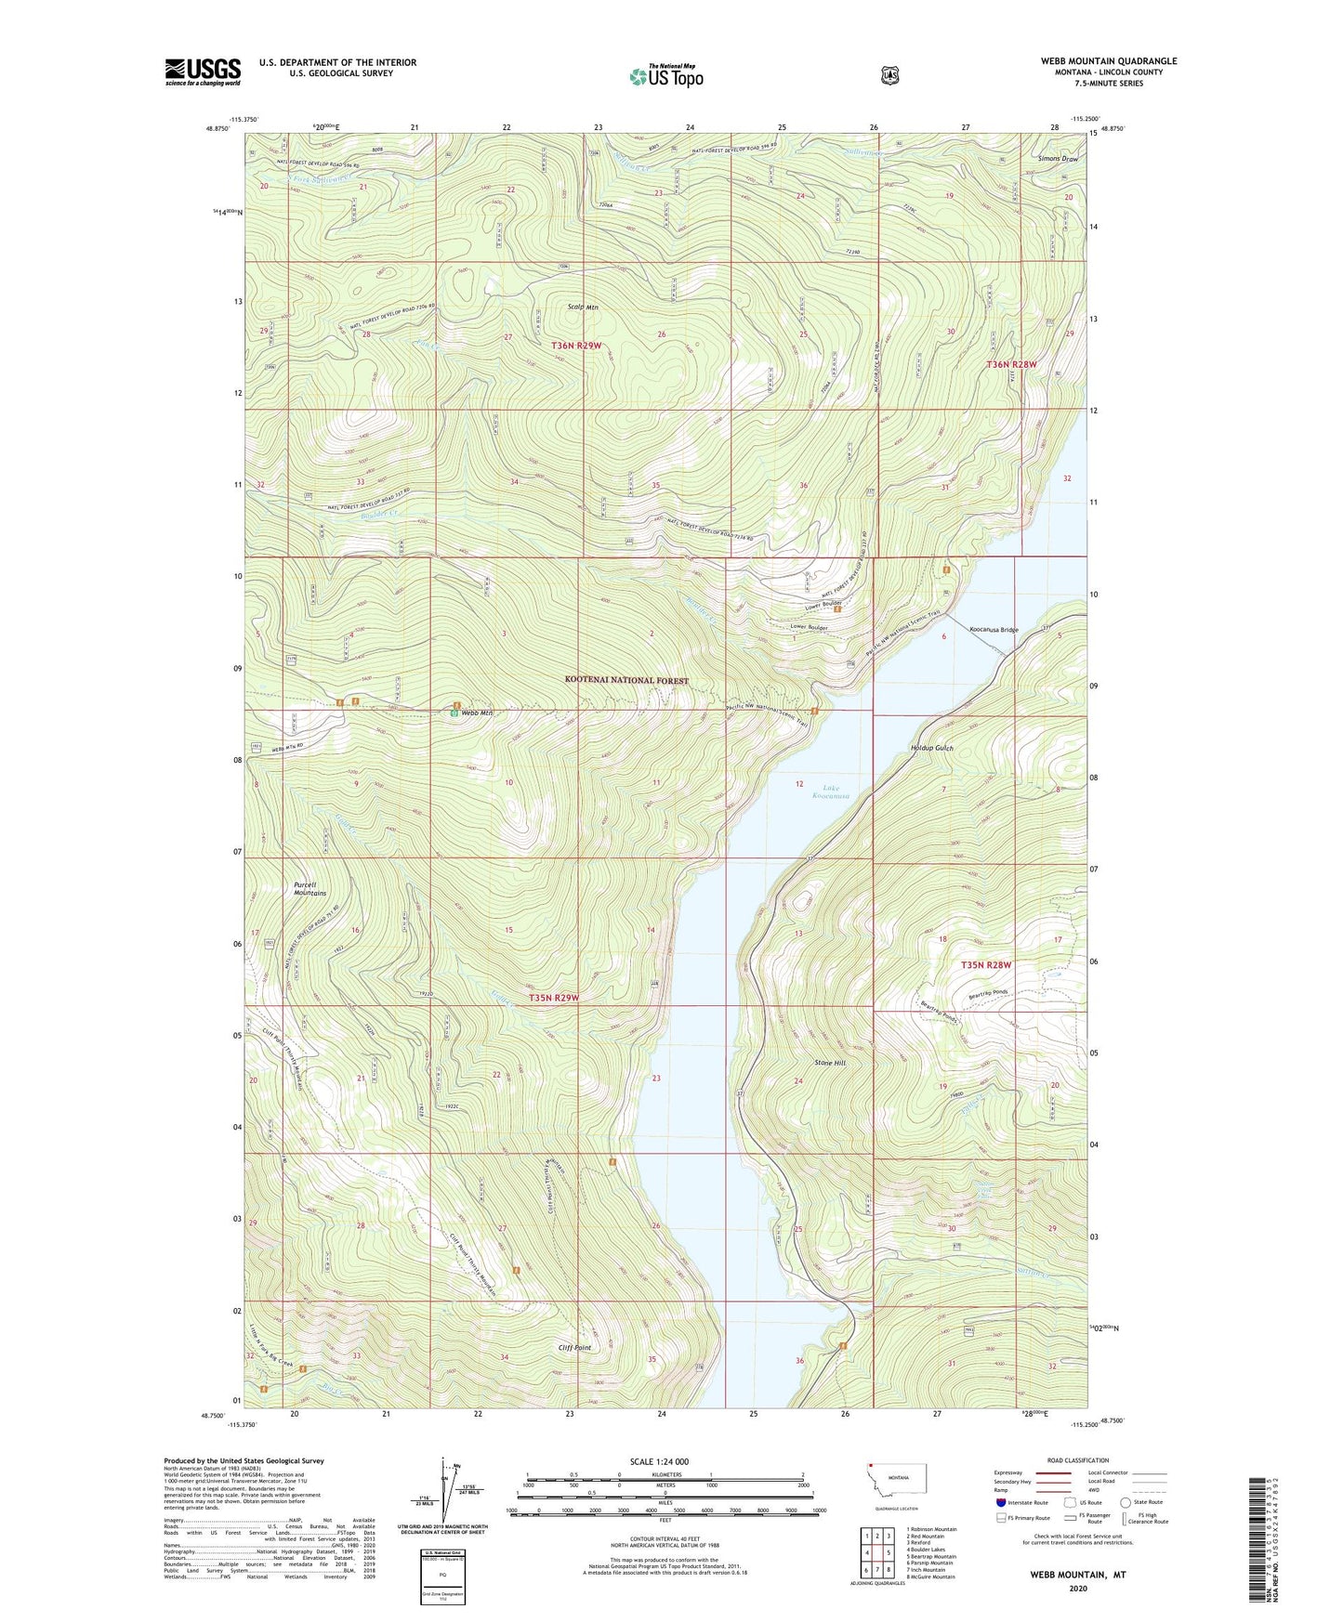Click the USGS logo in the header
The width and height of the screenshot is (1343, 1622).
pyautogui.click(x=203, y=72)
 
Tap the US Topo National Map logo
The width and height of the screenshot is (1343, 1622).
pyautogui.click(x=665, y=76)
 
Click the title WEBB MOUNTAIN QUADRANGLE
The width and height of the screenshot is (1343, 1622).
pyautogui.click(x=1108, y=61)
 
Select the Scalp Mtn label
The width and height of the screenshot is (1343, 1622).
pyautogui.click(x=583, y=307)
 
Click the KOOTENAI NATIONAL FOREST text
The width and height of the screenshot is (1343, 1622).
pyautogui.click(x=626, y=681)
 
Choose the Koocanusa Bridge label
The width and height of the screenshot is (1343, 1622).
pyautogui.click(x=994, y=630)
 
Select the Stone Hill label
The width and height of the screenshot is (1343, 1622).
pyautogui.click(x=830, y=1063)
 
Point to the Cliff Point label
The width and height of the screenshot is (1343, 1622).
pyautogui.click(x=574, y=1348)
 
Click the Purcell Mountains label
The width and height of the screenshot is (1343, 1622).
pyautogui.click(x=309, y=889)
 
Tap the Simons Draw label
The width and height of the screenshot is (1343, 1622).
pyautogui.click(x=1058, y=159)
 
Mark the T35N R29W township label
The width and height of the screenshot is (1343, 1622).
pyautogui.click(x=553, y=998)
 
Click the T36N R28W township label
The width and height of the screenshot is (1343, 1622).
pyautogui.click(x=1011, y=365)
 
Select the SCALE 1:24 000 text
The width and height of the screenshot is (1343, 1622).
pyautogui.click(x=659, y=1462)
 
